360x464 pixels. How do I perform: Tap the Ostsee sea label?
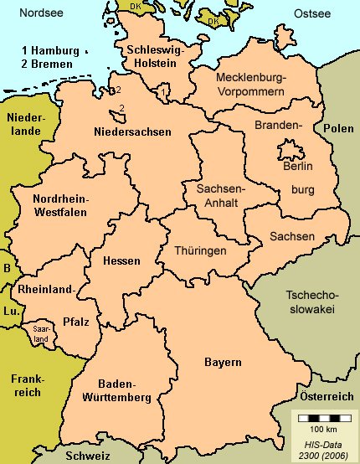pos(313,14)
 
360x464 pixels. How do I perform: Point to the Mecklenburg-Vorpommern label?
pos(250,84)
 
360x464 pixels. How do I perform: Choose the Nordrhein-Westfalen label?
pos(60,205)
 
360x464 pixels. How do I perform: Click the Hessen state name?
pos(121,261)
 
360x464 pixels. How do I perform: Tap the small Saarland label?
pos(40,333)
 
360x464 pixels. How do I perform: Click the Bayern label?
pos(223,363)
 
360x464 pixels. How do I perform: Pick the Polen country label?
pos(338,128)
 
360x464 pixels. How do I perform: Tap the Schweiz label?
pos(90,456)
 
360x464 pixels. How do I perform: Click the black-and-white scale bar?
pos(321,417)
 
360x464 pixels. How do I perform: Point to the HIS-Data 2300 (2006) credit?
pos(322,446)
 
